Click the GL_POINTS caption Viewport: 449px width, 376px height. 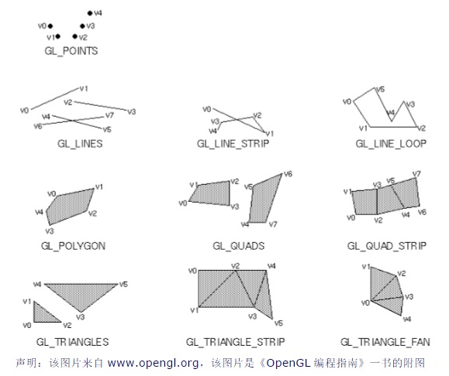click(x=71, y=51)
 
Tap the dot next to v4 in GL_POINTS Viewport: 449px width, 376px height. click(x=90, y=13)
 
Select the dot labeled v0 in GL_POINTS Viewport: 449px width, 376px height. click(x=50, y=26)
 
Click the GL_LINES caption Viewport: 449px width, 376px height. click(x=80, y=144)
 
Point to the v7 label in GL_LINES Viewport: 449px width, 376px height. click(x=109, y=115)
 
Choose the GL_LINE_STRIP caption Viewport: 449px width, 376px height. click(x=233, y=144)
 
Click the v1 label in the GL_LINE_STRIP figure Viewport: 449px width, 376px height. click(x=270, y=133)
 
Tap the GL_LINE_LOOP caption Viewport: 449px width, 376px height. click(x=391, y=144)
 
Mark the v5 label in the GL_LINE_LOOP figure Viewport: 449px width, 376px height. click(x=381, y=90)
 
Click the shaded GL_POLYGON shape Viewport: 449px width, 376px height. click(x=71, y=207)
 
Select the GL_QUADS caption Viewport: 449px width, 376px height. click(x=239, y=246)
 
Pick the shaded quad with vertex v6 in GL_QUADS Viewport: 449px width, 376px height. click(x=265, y=200)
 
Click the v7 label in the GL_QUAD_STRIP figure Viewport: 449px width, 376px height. click(x=416, y=174)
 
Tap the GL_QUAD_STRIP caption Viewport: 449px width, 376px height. click(x=387, y=246)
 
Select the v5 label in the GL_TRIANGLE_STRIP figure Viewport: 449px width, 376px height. click(x=278, y=323)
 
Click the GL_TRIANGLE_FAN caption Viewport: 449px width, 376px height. click(x=385, y=342)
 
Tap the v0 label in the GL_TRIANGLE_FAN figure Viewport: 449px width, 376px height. click(x=365, y=303)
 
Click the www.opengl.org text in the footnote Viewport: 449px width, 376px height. click(x=153, y=363)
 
